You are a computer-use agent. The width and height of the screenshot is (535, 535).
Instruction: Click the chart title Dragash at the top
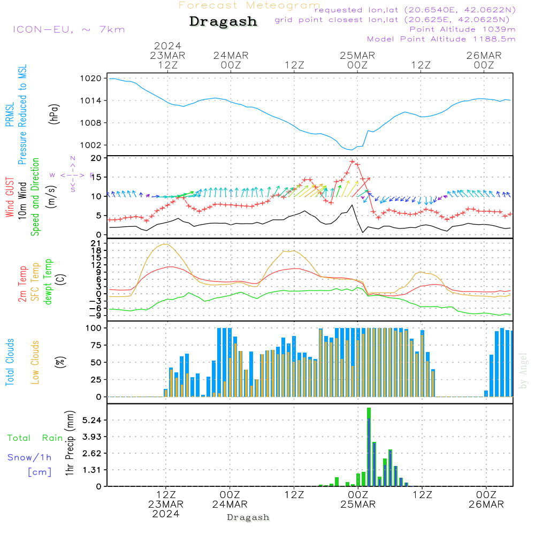(223, 21)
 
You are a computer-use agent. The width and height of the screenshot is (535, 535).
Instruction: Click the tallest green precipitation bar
(369, 447)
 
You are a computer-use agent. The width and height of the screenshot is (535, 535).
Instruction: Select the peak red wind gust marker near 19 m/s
(352, 161)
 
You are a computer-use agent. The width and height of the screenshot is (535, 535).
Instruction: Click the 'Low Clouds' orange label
(35, 362)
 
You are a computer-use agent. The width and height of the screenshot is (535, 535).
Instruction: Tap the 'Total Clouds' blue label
(10, 362)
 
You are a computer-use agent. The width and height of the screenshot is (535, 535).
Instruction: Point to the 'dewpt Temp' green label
(49, 282)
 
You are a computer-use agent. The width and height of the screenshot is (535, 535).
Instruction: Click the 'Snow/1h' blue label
(30, 457)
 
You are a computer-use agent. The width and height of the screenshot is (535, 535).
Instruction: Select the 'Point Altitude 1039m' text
(462, 29)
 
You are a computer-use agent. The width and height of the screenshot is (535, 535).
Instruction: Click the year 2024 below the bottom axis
(166, 514)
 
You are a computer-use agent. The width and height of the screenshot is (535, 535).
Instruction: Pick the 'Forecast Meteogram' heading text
(249, 5)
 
